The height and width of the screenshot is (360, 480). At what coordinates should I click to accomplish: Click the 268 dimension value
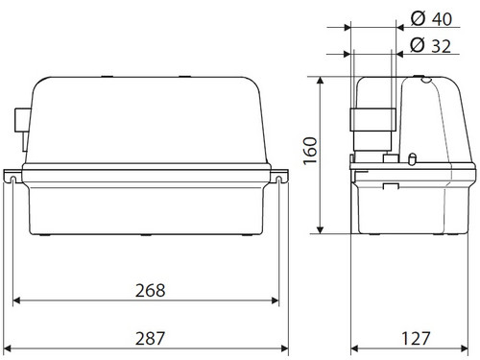pos(150,291)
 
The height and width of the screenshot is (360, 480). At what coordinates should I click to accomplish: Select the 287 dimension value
pos(150,338)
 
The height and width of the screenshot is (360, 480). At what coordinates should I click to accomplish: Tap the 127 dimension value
pos(416,338)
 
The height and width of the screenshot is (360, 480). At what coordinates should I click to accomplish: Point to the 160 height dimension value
pos(310,151)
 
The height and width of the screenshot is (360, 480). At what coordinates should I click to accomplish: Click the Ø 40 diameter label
pos(431,19)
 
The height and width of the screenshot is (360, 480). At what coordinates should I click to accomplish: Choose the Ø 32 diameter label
pos(431,45)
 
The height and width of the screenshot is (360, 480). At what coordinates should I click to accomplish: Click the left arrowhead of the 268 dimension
pos(16,300)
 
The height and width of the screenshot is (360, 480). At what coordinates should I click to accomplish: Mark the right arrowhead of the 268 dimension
pos(275,300)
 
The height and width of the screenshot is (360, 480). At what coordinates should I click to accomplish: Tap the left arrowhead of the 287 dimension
pos(7,348)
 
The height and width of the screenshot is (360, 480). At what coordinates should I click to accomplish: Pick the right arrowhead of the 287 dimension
pos(284,348)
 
